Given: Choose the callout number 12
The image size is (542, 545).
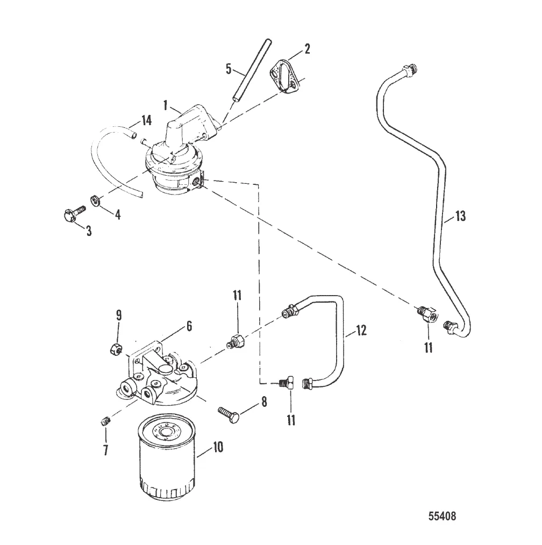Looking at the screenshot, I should (x=361, y=330).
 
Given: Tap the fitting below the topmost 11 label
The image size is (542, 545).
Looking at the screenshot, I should (x=237, y=341).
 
